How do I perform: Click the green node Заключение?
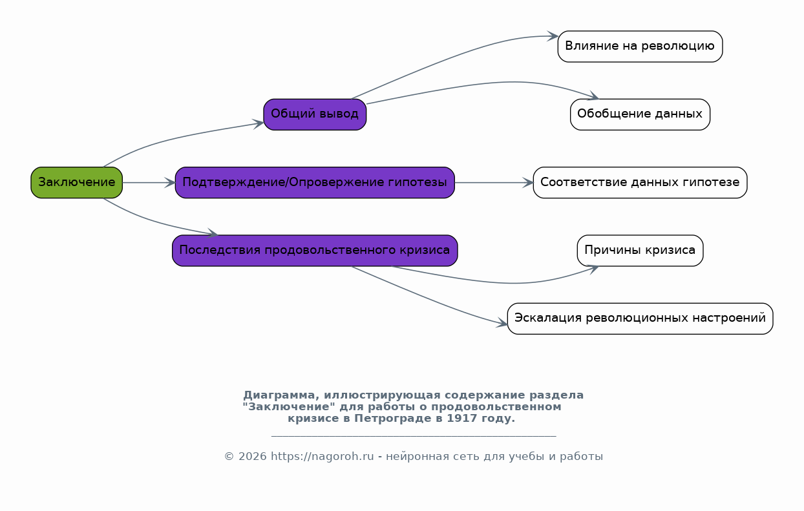pos(76,183)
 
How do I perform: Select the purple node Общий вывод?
pos(315,114)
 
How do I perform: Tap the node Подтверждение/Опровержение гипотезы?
pos(315,183)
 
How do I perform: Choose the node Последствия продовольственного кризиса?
pos(315,251)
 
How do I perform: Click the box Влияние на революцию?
pos(640,47)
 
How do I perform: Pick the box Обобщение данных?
pos(640,114)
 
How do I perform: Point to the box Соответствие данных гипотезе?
pos(640,183)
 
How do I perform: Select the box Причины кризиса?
pos(640,251)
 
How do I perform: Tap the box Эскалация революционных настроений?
pos(640,318)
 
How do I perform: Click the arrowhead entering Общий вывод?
pos(259,124)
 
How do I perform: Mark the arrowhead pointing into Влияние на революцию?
pos(553,36)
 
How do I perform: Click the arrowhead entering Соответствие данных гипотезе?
pos(528,183)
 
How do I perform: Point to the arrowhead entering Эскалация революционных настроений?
pos(502,323)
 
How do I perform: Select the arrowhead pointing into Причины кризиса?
pos(593,269)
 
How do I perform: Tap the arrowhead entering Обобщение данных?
pos(593,96)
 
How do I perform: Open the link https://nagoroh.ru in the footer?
pos(322,457)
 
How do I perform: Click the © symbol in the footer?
pos(229,457)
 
